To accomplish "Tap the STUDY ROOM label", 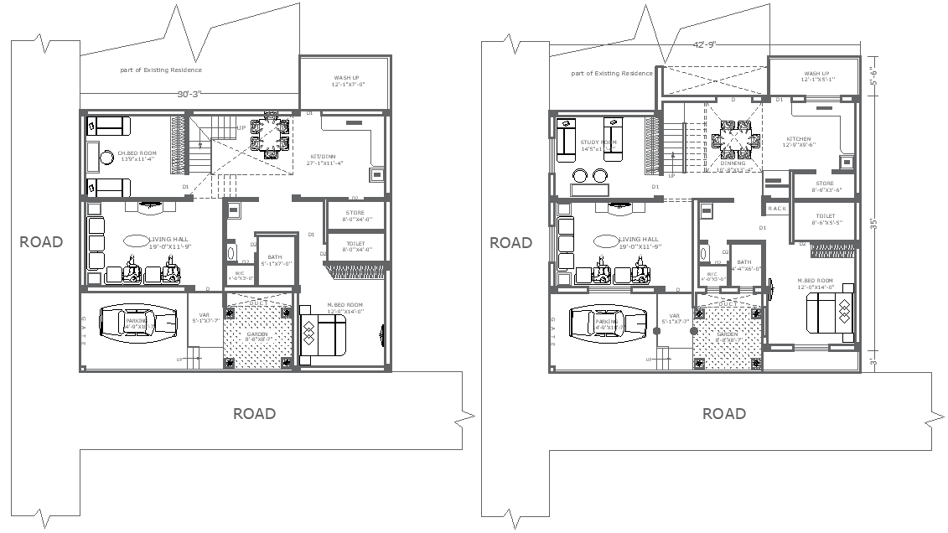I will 598,142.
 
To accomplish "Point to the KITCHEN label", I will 799,139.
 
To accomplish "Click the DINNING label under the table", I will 733,163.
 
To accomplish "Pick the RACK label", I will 777,209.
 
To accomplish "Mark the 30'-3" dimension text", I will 189,95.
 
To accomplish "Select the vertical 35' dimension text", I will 873,224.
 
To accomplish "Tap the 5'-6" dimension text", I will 873,77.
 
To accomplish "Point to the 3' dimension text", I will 873,361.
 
